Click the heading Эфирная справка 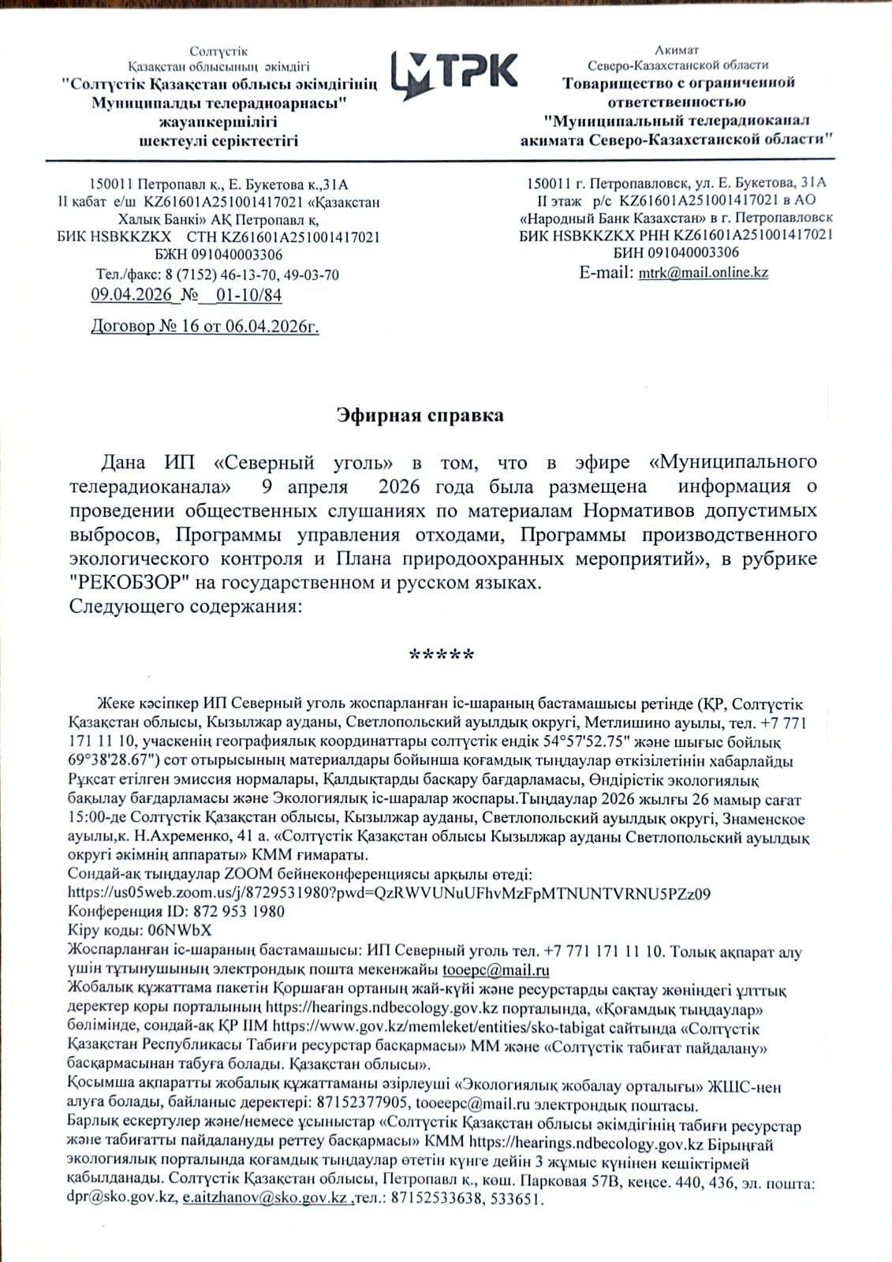[420, 415]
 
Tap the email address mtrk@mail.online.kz [703, 272]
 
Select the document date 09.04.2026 [131, 295]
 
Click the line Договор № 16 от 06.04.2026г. [205, 326]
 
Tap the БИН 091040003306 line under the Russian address [676, 252]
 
